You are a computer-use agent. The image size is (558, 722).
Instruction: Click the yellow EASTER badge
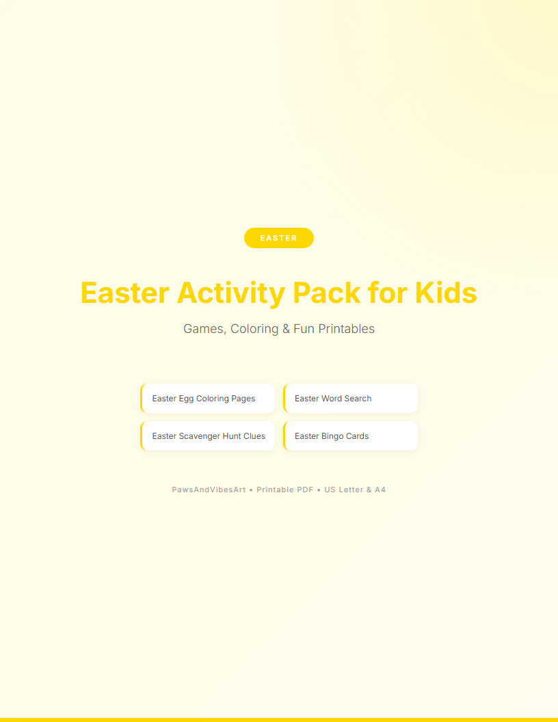tap(279, 238)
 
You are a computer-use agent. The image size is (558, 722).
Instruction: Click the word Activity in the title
tap(231, 293)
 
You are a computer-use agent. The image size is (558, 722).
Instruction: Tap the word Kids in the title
tap(446, 293)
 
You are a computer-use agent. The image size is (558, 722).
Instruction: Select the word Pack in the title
tap(326, 293)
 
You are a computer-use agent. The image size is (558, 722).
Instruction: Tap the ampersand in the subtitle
tap(286, 329)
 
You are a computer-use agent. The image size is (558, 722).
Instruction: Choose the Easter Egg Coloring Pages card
tap(208, 399)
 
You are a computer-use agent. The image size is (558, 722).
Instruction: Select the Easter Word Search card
tap(350, 399)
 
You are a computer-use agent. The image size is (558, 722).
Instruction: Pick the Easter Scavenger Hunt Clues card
tap(208, 436)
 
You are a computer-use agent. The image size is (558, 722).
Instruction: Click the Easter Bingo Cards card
tap(350, 436)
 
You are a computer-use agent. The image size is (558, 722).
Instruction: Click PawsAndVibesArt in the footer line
tap(209, 490)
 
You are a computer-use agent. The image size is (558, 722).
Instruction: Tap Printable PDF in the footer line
tap(285, 490)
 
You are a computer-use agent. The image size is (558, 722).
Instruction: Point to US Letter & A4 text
tap(355, 490)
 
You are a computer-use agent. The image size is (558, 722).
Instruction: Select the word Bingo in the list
tap(332, 436)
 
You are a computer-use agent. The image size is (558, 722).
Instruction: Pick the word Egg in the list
tap(187, 399)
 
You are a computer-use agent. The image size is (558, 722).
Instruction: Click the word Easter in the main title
tap(125, 293)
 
